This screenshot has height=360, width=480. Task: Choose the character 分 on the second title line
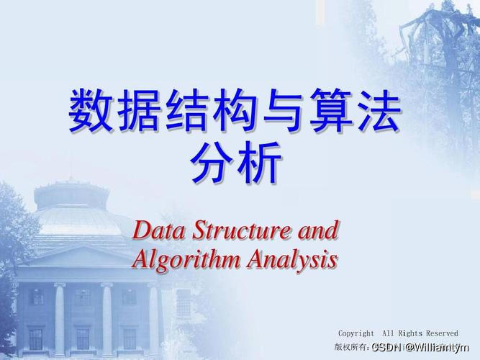(212, 163)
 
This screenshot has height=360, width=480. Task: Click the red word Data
(157, 232)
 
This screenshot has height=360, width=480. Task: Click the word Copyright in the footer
(356, 333)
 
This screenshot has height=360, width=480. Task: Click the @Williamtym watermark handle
(433, 348)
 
